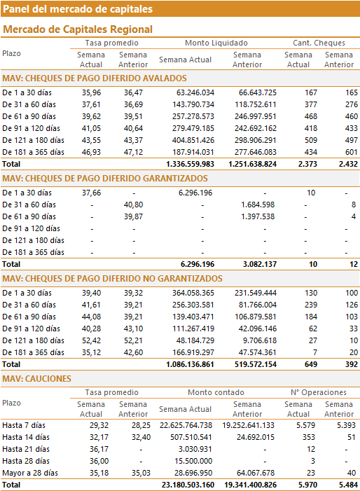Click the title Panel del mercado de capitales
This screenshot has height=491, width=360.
78,9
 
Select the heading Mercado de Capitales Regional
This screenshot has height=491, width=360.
78,29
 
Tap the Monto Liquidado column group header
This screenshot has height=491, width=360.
216,43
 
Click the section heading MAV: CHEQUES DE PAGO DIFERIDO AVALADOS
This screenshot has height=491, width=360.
95,78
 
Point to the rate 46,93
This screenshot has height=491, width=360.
92,152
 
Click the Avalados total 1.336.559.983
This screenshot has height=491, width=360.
191,164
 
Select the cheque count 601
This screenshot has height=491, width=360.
351,152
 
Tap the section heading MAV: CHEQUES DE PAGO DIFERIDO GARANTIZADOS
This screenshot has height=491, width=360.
105,179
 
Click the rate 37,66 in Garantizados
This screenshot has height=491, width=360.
92,193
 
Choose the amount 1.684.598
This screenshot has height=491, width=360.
258,205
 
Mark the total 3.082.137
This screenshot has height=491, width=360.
260,264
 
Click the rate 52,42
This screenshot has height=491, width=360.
92,340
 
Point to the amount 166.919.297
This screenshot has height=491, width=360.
193,352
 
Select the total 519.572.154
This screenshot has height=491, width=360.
256,364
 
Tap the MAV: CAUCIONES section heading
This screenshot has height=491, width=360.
36,379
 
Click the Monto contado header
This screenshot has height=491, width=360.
216,392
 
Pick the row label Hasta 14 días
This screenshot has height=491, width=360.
26,437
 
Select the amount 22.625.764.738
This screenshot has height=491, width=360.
186,425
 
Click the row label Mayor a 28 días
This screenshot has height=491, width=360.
30,473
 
